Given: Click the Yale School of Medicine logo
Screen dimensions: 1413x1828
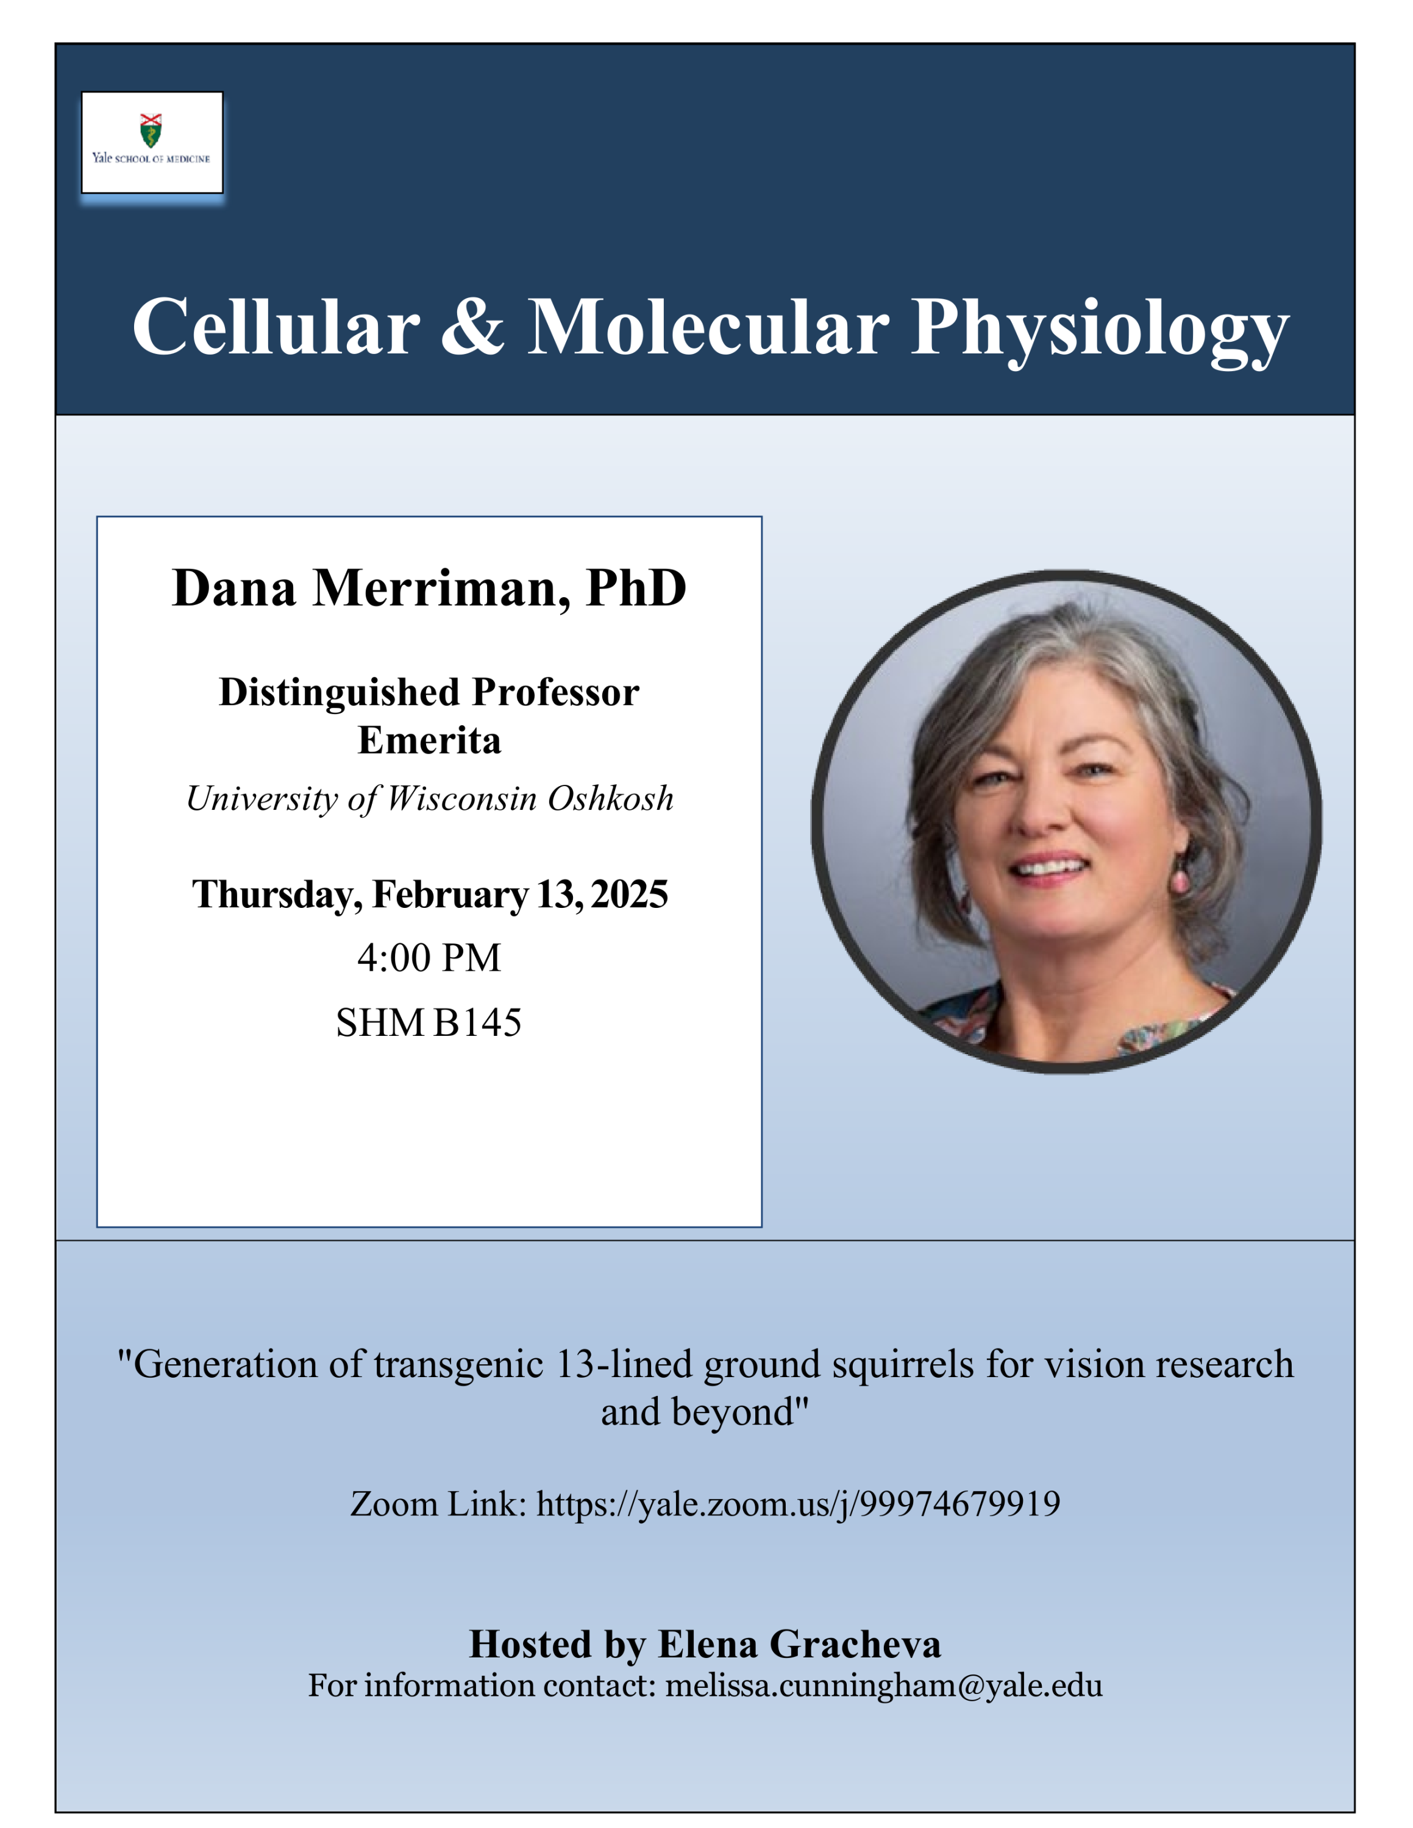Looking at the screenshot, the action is pyautogui.click(x=152, y=143).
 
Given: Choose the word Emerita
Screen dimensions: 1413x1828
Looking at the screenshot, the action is pyautogui.click(x=429, y=740).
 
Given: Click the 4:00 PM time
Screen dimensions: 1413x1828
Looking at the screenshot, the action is pyautogui.click(x=429, y=957).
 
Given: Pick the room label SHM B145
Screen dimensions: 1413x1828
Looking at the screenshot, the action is pyautogui.click(x=429, y=1022).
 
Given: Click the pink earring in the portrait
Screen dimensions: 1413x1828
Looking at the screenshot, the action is pyautogui.click(x=1180, y=880).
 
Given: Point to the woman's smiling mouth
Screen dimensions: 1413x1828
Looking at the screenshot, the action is pyautogui.click(x=1049, y=866).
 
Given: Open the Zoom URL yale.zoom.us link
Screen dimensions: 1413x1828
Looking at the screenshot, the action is pyautogui.click(x=799, y=1504).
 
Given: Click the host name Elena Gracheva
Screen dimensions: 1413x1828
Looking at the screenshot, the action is pyautogui.click(x=799, y=1644).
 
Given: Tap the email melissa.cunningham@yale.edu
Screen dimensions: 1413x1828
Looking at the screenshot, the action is pyautogui.click(x=884, y=1685).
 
